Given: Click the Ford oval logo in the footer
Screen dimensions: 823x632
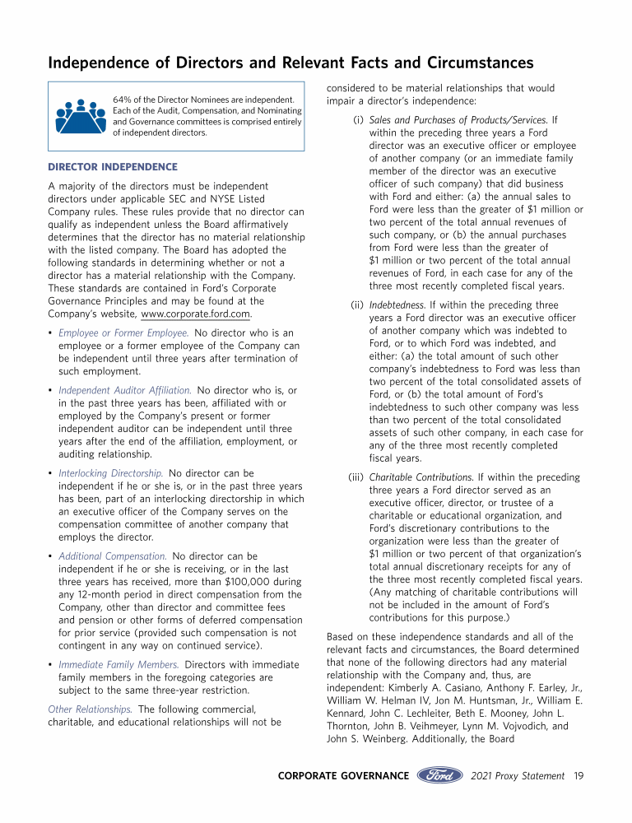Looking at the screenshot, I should tap(441, 775).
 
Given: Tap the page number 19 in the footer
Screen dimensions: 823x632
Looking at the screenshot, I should tap(579, 775).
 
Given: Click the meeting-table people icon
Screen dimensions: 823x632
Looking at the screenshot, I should tap(81, 116).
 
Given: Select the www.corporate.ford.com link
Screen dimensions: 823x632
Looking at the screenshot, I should tap(196, 314).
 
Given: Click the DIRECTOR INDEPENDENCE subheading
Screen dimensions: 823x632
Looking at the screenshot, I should tap(113, 167).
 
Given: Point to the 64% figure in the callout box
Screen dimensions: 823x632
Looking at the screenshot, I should tap(122, 100).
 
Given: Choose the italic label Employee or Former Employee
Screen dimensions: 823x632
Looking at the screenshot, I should tap(123, 332).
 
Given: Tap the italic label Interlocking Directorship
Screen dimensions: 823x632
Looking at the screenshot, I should tap(110, 473).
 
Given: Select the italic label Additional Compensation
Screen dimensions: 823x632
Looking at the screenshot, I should tap(113, 556).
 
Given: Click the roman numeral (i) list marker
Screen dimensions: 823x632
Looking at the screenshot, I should tap(358, 120).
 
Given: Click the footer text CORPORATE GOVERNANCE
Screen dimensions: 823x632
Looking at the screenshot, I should tap(343, 775).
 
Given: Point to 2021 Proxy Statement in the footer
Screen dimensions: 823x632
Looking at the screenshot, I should tap(518, 775).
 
